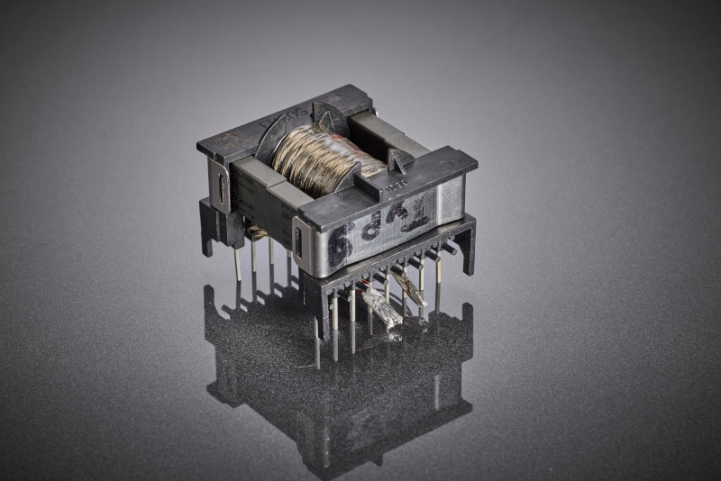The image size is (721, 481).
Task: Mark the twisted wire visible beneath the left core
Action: (258, 232)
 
